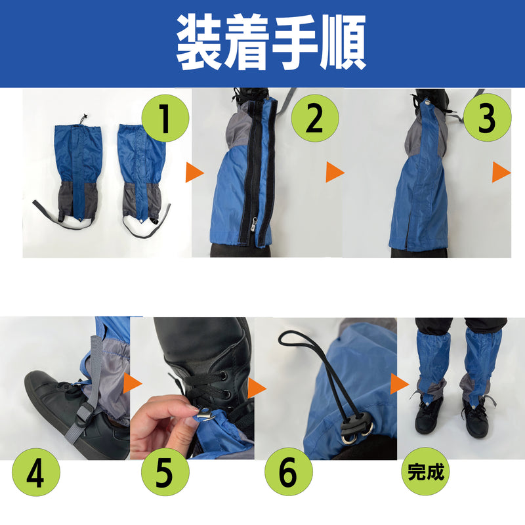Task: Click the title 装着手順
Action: (x=270, y=43)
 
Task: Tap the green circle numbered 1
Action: (x=165, y=118)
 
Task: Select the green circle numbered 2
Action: (x=315, y=118)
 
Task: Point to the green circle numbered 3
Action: (x=487, y=117)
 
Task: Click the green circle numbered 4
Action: (x=36, y=472)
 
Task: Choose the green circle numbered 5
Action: (x=165, y=472)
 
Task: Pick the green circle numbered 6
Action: (x=289, y=472)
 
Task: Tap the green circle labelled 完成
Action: (x=425, y=471)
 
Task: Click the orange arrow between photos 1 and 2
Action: (x=194, y=173)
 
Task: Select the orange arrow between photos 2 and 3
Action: (x=335, y=173)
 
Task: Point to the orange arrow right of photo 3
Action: (x=501, y=173)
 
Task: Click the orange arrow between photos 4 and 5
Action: (x=133, y=383)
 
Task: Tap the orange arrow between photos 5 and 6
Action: (x=257, y=388)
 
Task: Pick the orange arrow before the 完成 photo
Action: (x=400, y=383)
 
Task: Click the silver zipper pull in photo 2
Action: (x=254, y=224)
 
